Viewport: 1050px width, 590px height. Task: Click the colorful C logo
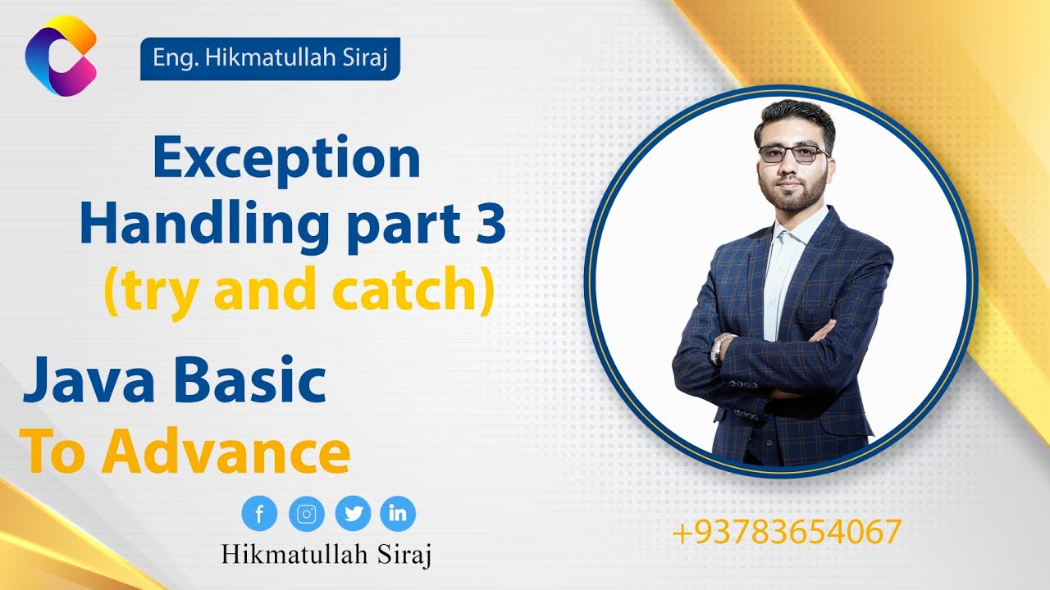pos(61,56)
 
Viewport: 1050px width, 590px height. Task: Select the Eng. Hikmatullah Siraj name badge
pos(270,60)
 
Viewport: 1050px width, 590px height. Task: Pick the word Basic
pos(251,382)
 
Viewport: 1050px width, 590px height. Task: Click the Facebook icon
pos(260,514)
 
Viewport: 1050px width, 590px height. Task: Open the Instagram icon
pos(307,514)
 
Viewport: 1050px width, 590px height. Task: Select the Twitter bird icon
pos(354,514)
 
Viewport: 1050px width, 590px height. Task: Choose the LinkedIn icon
pos(398,514)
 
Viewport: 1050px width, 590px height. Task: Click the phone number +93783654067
pos(786,533)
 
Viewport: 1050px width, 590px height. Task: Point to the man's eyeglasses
pos(792,153)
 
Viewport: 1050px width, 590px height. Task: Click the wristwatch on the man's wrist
pos(719,347)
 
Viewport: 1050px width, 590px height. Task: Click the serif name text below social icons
pos(326,554)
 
